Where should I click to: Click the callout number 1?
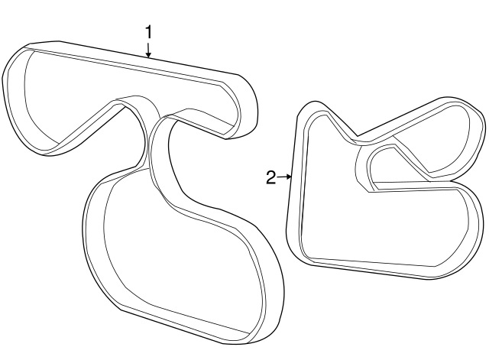pos(149,32)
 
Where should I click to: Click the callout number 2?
pos(271,178)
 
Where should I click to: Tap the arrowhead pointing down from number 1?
pos(149,55)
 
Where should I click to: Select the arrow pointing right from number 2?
pos(284,177)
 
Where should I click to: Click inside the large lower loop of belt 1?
pos(184,256)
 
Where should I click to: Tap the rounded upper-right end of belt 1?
pos(246,106)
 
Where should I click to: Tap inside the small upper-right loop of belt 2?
pos(436,141)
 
